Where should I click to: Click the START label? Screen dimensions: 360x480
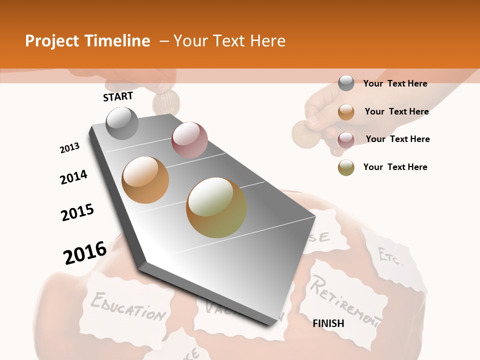118,96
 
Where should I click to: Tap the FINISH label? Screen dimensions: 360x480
328,323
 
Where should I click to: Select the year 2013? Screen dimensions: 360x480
69,148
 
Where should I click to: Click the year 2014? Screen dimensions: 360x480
73,177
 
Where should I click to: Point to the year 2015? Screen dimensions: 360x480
77,212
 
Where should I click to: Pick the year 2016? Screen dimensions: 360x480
85,253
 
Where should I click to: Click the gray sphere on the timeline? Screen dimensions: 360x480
122,123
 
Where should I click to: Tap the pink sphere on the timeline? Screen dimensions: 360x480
189,140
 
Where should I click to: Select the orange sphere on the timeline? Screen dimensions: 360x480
145,180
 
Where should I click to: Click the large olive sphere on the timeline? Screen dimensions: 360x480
216,207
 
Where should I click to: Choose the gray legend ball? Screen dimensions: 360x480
346,83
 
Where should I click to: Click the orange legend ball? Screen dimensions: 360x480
346,111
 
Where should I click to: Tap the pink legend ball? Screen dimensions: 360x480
346,139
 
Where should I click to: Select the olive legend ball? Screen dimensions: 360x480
346,167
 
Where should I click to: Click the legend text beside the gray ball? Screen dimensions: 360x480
395,83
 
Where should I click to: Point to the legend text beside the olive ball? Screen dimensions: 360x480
395,167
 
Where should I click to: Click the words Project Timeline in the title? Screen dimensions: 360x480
87,41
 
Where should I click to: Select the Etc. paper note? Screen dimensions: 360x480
390,256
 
